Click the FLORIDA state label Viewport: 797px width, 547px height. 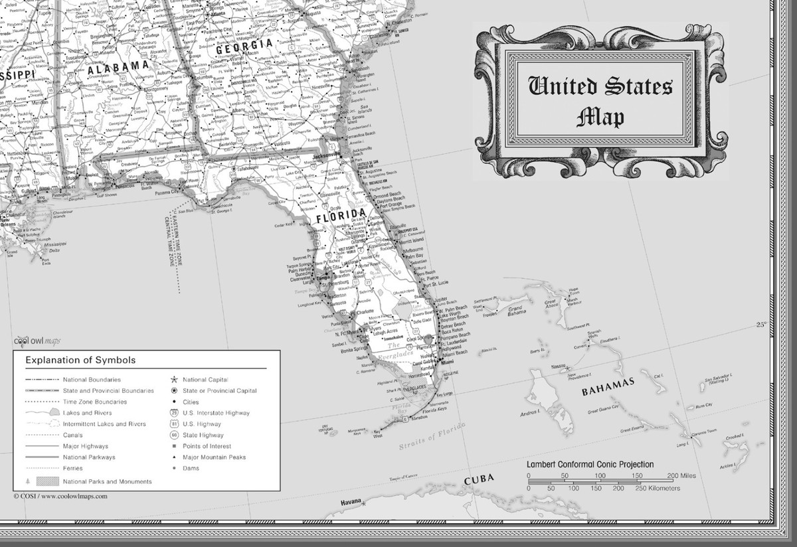(x=341, y=214)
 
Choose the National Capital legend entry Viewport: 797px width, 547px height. (x=205, y=379)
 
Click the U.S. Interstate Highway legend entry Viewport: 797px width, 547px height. (x=216, y=413)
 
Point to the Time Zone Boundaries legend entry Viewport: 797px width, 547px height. (x=95, y=402)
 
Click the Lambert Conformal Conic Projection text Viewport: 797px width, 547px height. (x=590, y=465)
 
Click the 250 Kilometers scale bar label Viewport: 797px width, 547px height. (x=658, y=489)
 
